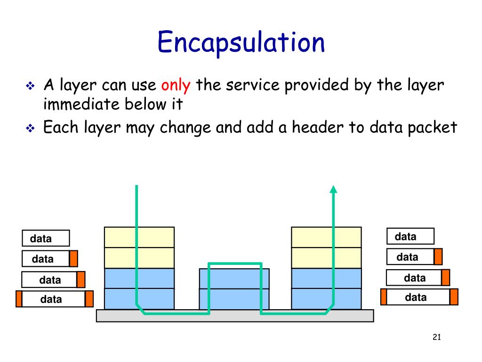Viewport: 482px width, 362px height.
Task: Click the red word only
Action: click(176, 85)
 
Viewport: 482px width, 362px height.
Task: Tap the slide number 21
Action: click(436, 337)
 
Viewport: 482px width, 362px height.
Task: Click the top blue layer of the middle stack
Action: click(234, 279)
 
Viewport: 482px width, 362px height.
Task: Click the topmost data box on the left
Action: click(46, 239)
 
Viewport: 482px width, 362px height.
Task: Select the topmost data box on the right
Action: click(410, 236)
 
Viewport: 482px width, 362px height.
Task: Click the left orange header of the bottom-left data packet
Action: click(19, 299)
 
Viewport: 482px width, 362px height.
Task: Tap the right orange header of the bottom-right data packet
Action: click(454, 297)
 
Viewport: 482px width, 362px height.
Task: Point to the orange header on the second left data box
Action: click(73, 259)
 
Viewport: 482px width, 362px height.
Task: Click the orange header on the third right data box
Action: click(445, 278)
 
